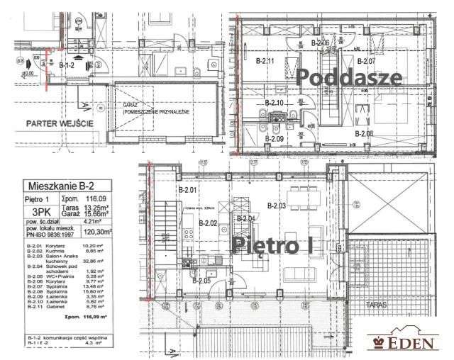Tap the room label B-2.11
tap(265, 61)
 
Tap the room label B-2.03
tap(277, 206)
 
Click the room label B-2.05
tap(202, 281)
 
